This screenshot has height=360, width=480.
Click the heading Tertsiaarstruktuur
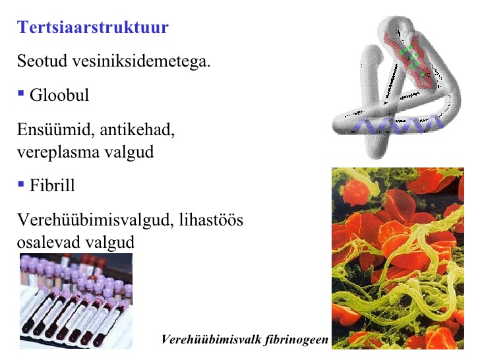[x=93, y=27]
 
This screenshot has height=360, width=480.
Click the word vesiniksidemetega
[x=141, y=61]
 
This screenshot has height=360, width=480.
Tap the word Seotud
[x=42, y=61]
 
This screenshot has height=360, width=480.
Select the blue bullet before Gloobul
[x=21, y=93]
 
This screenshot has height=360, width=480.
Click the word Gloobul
[x=59, y=95]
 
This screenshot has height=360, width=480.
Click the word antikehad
[x=137, y=129]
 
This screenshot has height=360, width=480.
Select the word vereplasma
[x=58, y=152]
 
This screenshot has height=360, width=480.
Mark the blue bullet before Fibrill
[x=21, y=184]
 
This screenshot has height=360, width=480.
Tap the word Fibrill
[x=52, y=185]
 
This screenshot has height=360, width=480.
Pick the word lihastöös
[x=211, y=220]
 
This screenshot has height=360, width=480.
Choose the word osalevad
[x=48, y=242]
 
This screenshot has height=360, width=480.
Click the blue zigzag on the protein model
[x=398, y=125]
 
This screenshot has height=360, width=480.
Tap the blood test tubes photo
[x=76, y=301]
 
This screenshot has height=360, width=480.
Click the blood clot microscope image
[x=398, y=258]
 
